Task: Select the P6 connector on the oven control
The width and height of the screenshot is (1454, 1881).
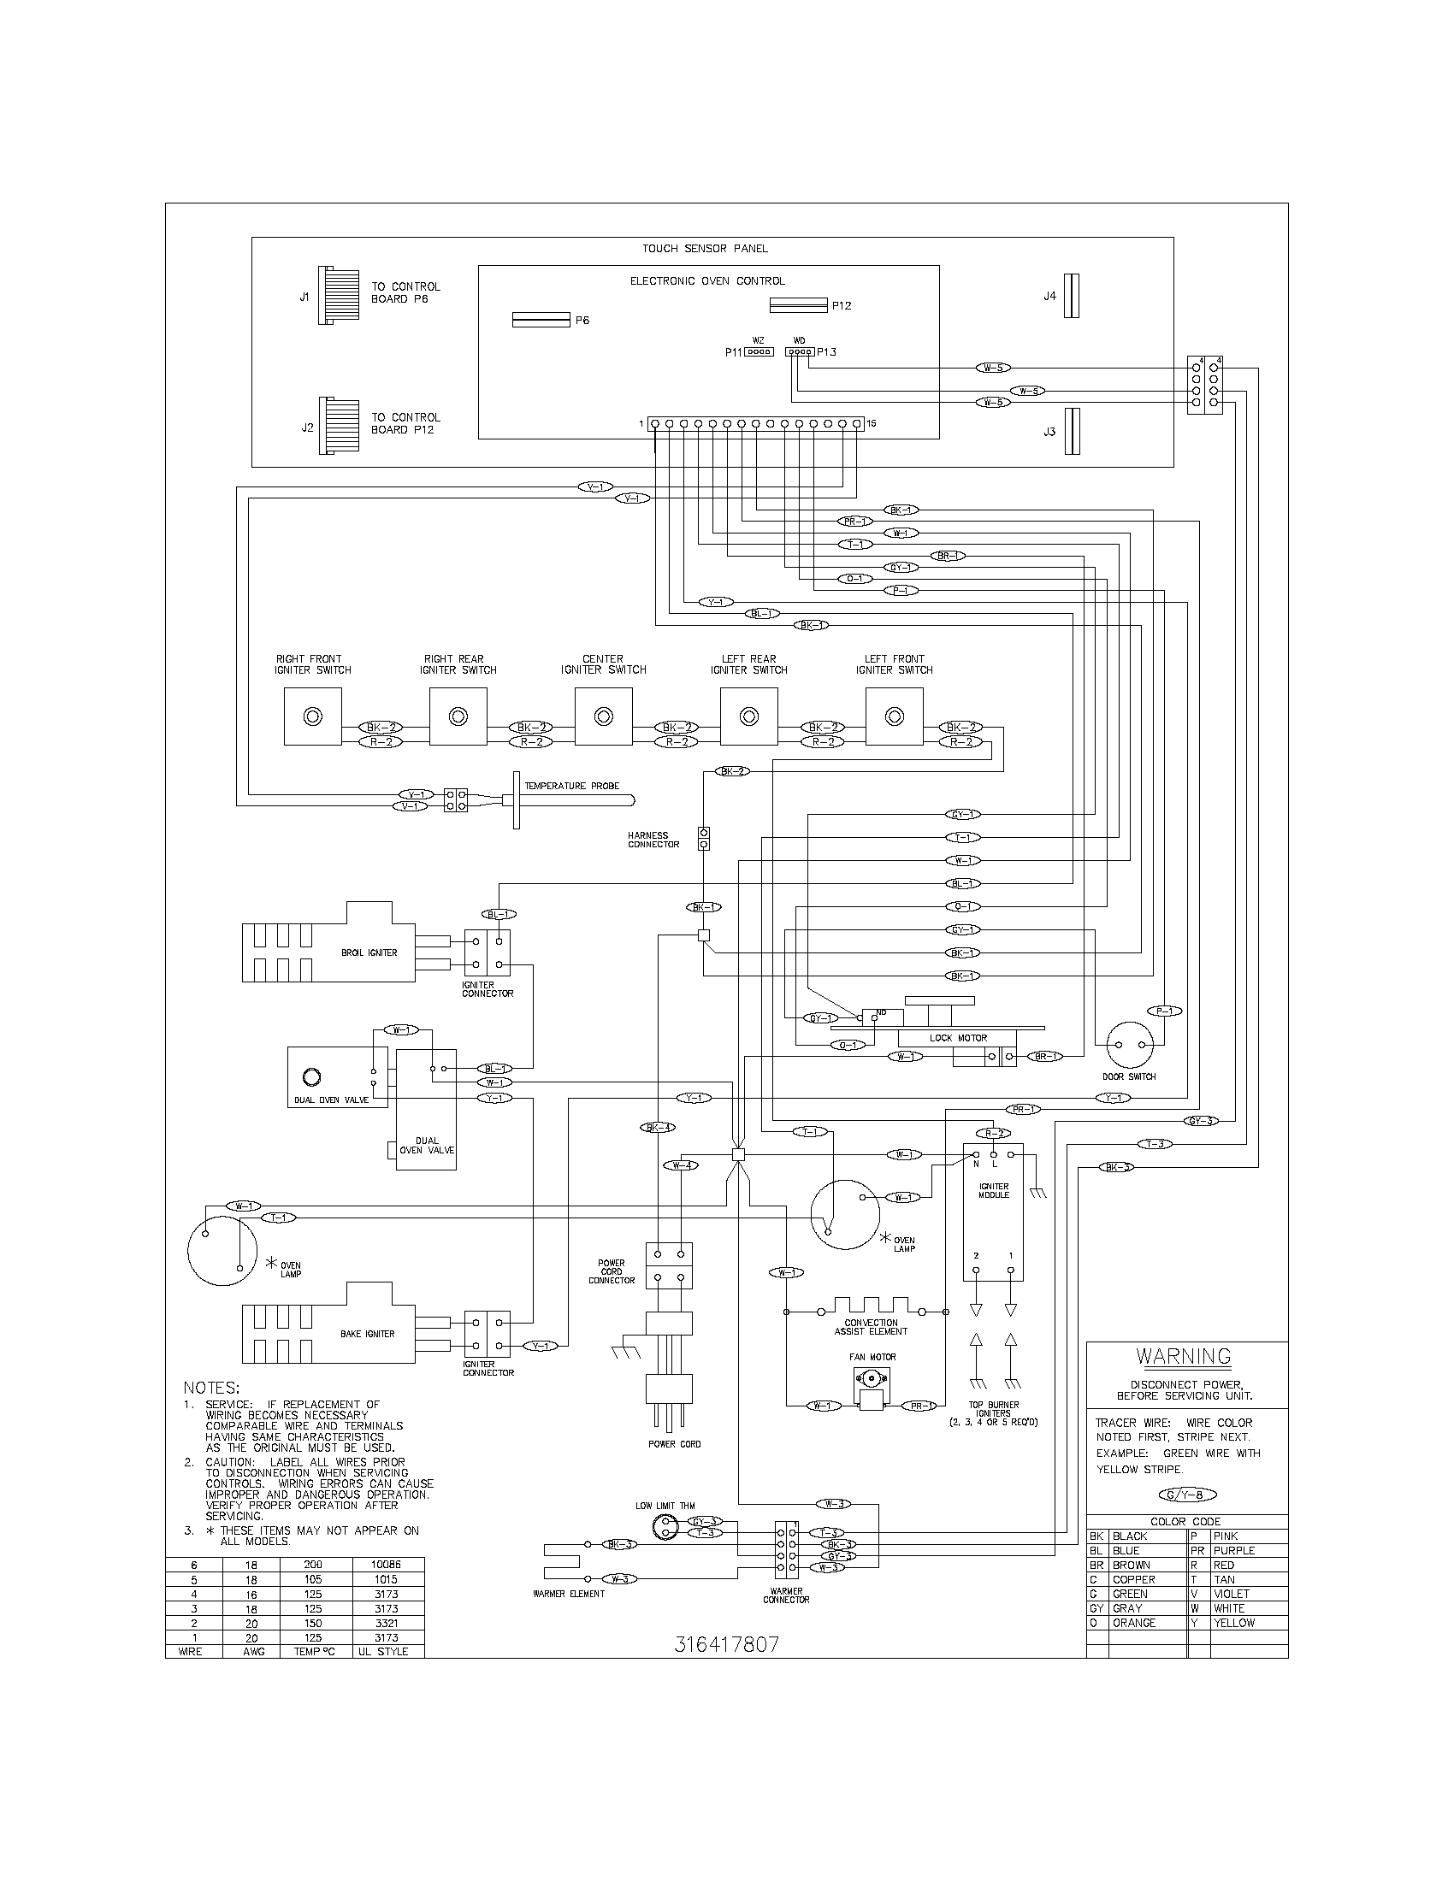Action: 541,320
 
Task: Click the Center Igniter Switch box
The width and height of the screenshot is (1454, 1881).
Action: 603,716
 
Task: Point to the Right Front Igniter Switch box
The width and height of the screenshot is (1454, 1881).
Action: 312,716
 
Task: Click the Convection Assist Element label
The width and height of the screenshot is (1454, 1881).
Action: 871,1327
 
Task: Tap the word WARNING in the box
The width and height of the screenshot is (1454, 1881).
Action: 1183,1357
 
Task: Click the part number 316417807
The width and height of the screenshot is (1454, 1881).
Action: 726,1644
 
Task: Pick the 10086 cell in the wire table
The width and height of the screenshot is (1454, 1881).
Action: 387,1564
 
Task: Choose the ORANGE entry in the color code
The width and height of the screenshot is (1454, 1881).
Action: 1133,1623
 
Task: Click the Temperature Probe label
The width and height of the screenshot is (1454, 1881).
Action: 572,786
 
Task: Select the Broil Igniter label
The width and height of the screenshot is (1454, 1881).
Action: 369,952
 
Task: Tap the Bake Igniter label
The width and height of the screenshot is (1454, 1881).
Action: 367,1334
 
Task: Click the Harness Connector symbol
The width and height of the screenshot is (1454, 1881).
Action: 704,838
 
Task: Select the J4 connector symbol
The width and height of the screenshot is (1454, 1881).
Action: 1071,296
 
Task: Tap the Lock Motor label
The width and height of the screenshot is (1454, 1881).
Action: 958,1038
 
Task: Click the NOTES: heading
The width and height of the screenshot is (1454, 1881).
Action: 211,1388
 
